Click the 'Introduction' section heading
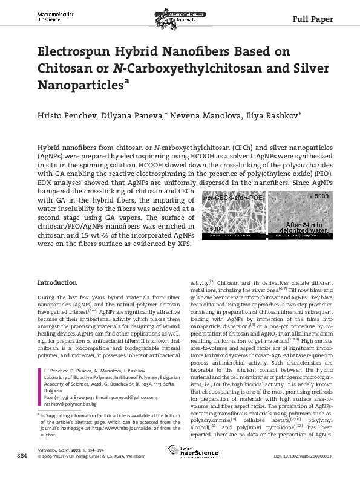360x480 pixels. (x=57, y=282)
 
